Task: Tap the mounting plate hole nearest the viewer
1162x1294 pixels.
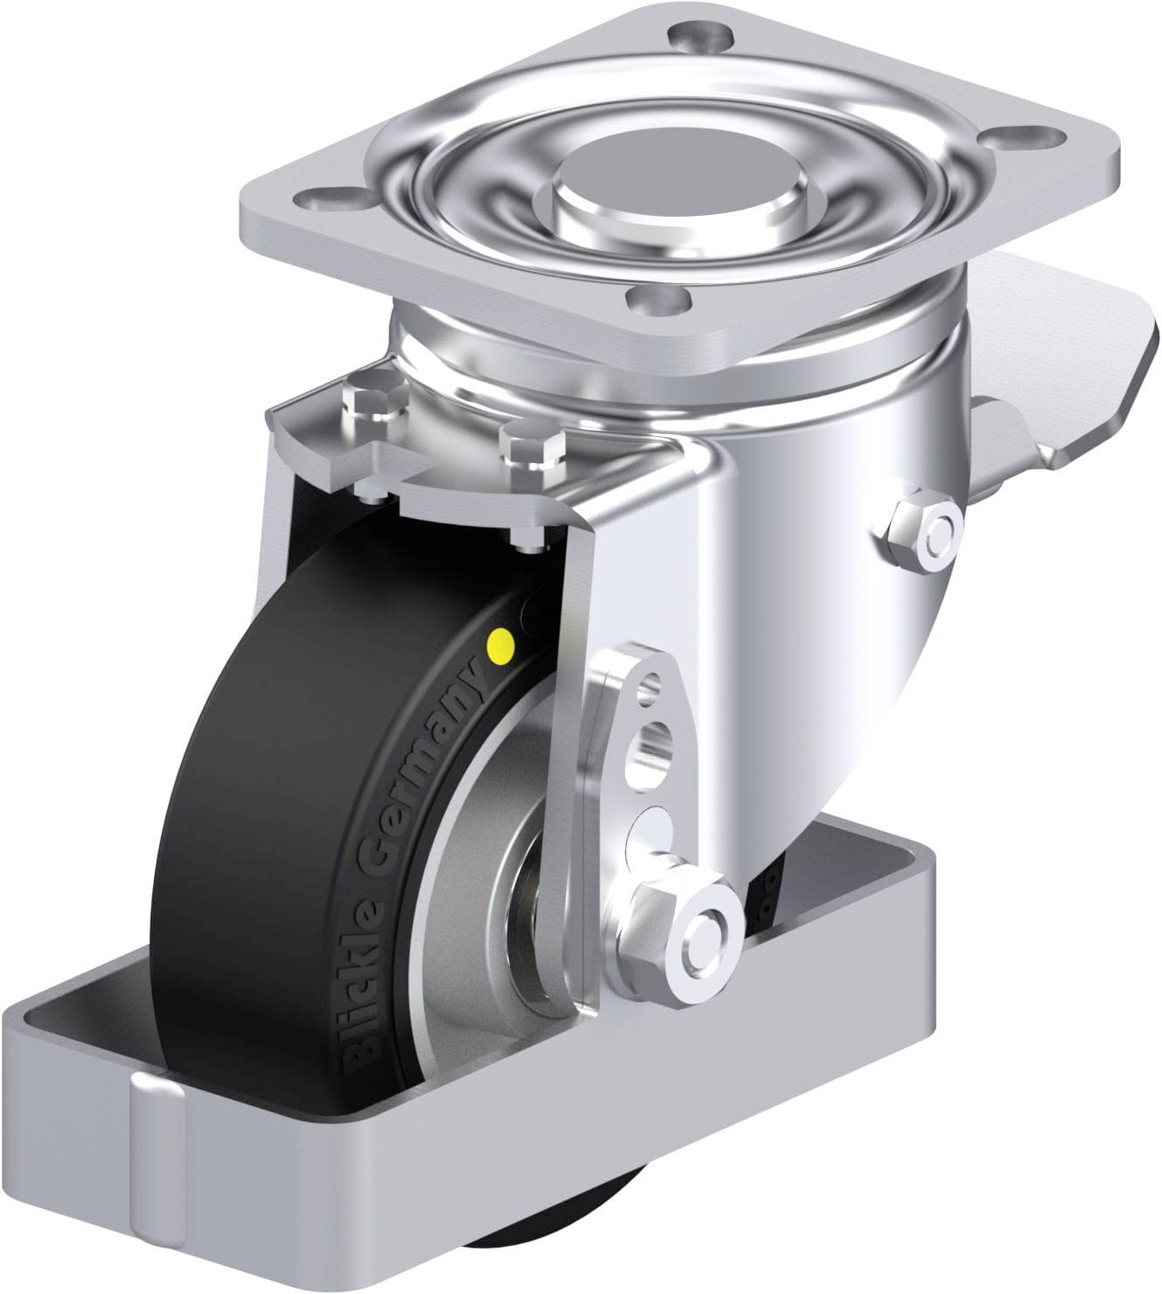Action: [x=658, y=300]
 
